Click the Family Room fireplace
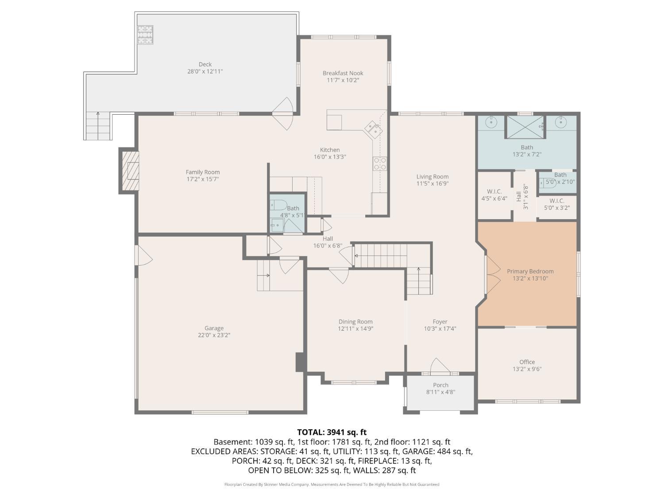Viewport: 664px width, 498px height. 131,171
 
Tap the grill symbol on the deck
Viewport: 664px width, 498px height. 146,35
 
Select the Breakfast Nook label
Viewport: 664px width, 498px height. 343,73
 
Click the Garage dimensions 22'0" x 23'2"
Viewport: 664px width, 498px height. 214,336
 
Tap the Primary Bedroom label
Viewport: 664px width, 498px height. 530,271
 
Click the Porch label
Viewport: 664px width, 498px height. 441,385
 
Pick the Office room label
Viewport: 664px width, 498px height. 527,362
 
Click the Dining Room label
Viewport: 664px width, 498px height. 355,322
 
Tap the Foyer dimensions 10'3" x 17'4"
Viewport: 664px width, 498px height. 440,328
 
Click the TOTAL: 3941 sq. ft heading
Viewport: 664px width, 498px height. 332,432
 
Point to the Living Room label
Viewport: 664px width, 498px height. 432,177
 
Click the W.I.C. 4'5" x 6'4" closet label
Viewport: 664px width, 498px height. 494,195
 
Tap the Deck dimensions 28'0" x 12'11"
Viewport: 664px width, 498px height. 205,72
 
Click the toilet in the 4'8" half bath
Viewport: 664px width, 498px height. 278,205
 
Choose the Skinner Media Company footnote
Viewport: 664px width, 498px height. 332,484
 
